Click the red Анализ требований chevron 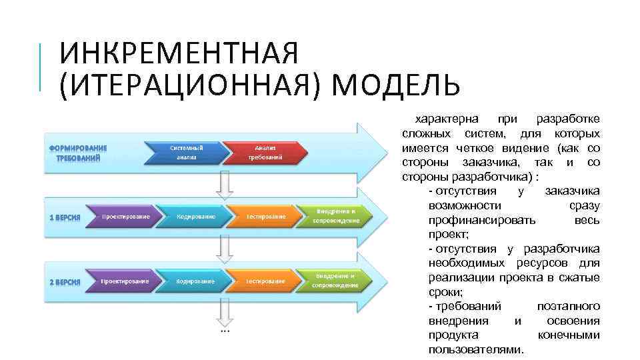coord(266,152)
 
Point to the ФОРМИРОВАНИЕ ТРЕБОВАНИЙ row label coord(78,153)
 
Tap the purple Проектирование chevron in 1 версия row coord(125,217)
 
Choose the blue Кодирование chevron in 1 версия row coord(195,217)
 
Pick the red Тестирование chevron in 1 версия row coord(265,217)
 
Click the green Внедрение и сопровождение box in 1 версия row coord(337,215)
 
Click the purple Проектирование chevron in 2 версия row coord(125,281)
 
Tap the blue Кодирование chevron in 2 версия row coord(195,281)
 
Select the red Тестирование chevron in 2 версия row coord(265,281)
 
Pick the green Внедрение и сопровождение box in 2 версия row coord(337,280)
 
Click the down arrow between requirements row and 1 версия coord(225,183)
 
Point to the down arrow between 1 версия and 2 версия coord(225,249)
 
